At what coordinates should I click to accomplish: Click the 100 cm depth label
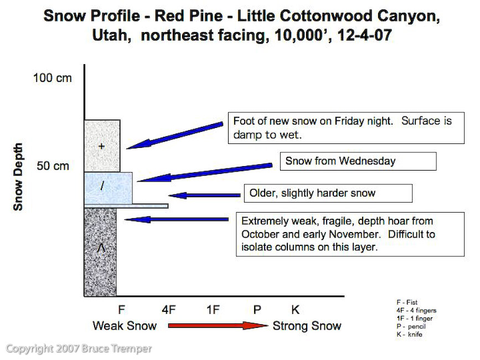click(53, 78)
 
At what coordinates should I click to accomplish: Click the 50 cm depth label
click(53, 166)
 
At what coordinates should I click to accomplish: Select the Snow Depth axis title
click(18, 177)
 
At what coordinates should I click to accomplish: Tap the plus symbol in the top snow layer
click(101, 146)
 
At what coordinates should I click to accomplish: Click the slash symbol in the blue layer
click(102, 186)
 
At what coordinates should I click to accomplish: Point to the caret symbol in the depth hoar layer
click(101, 248)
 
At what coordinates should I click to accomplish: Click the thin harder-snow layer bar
click(126, 206)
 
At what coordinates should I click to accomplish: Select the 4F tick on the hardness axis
click(169, 310)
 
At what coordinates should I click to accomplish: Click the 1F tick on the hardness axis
click(213, 310)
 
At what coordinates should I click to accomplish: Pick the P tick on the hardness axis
click(257, 310)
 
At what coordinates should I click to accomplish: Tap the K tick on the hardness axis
click(295, 310)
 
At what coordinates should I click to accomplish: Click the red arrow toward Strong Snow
click(218, 326)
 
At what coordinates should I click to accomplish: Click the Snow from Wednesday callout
click(358, 161)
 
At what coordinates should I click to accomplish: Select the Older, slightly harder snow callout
click(328, 193)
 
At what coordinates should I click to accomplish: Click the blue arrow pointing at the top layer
click(175, 136)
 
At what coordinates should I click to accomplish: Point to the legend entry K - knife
click(409, 335)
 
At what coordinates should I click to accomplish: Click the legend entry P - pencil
click(411, 326)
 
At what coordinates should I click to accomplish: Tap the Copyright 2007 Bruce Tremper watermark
click(79, 349)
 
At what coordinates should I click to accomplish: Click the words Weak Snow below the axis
click(125, 326)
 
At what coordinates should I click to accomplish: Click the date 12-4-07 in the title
click(364, 35)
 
